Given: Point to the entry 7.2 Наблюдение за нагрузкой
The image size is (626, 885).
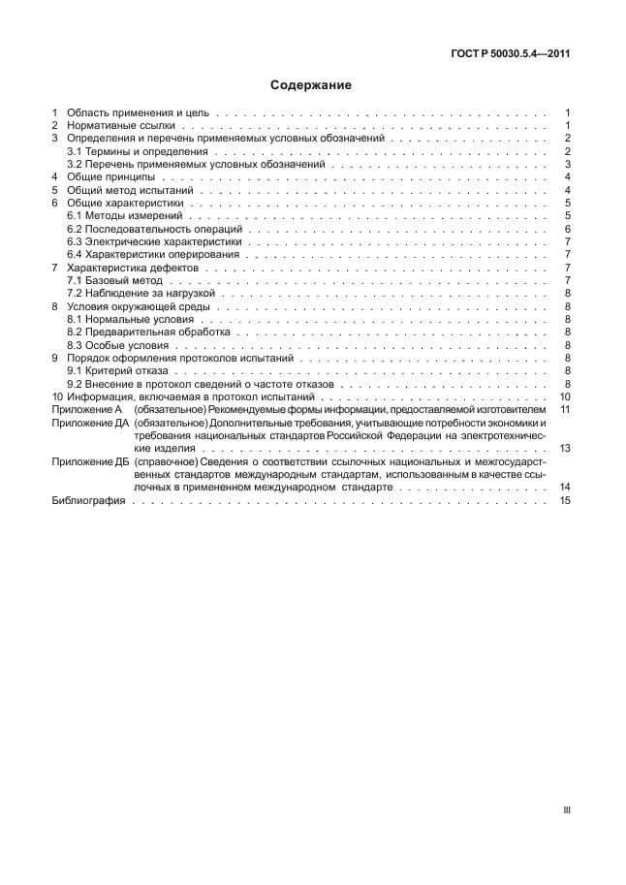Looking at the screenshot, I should (x=134, y=293).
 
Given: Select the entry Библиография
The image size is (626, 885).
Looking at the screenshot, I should (x=83, y=500).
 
